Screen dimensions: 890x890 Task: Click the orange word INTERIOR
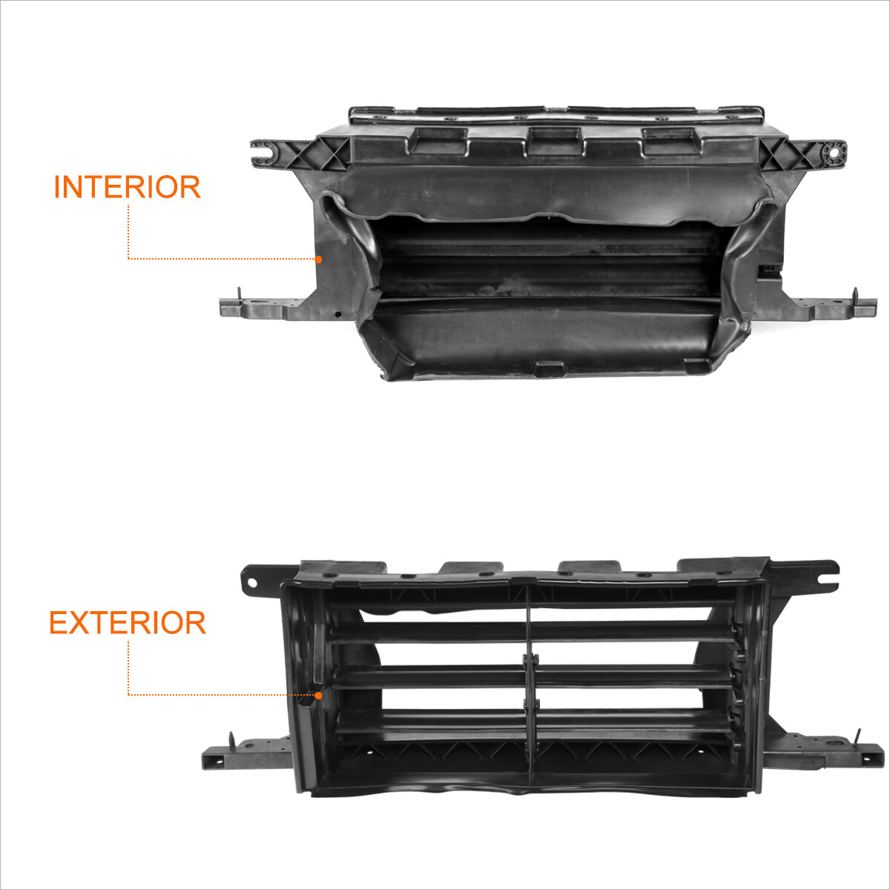pyautogui.click(x=127, y=188)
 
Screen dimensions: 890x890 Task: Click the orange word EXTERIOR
pyautogui.click(x=127, y=623)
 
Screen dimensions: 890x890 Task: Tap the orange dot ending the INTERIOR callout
pyautogui.click(x=318, y=259)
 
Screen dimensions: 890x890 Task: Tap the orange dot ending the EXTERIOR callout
pyautogui.click(x=318, y=695)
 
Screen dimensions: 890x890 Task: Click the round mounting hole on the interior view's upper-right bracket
pyautogui.click(x=835, y=152)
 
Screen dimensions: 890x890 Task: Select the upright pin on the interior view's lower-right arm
pyautogui.click(x=854, y=294)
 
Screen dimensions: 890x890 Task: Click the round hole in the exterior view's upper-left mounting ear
pyautogui.click(x=252, y=583)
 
